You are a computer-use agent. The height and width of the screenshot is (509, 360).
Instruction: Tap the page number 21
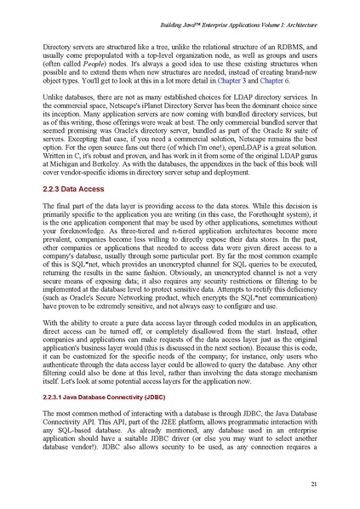point(313,483)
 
